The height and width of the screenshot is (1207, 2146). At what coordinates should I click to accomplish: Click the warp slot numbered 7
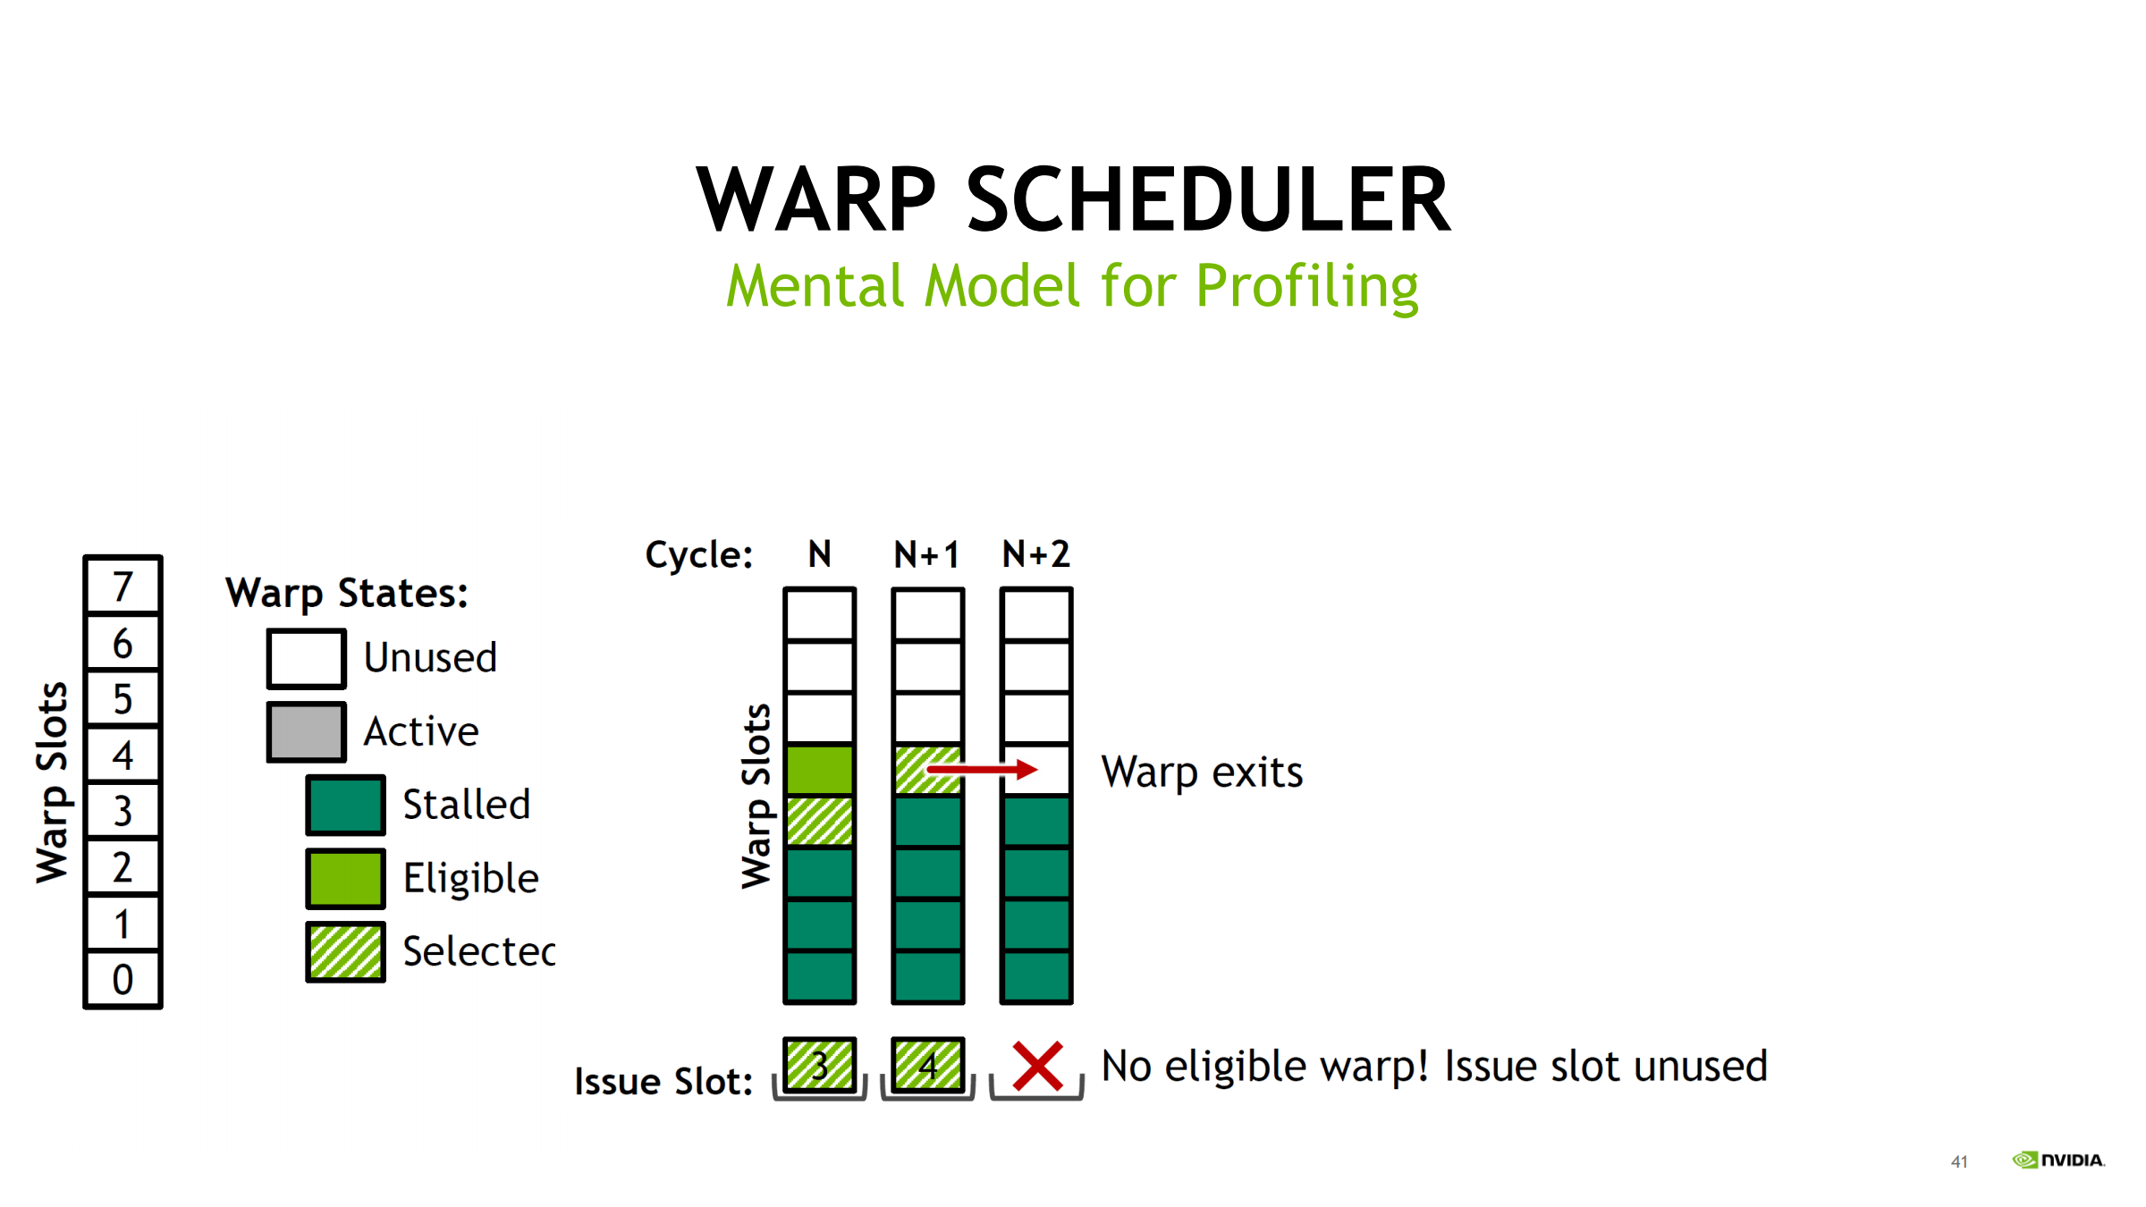tap(123, 586)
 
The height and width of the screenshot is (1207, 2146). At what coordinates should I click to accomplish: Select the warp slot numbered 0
tap(123, 979)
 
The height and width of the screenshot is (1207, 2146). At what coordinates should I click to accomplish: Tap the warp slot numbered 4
tap(123, 755)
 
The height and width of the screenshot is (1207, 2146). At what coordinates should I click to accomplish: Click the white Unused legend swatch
tap(306, 659)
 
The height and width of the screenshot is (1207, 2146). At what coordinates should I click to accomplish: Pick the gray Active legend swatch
tap(306, 732)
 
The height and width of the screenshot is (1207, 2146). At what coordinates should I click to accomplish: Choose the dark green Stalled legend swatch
tap(345, 806)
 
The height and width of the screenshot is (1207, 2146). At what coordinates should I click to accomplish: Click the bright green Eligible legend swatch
tap(345, 879)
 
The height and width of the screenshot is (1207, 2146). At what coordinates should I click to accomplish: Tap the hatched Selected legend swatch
tap(345, 952)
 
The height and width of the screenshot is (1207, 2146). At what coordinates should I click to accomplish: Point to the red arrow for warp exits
tap(982, 769)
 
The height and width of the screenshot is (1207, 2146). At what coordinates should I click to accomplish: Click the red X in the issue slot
tap(1037, 1066)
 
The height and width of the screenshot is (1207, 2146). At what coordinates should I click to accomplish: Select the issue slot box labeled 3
tap(820, 1065)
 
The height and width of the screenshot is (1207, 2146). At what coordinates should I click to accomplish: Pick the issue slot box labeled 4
tap(928, 1065)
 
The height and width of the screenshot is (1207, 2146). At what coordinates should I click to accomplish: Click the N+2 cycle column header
tap(1035, 554)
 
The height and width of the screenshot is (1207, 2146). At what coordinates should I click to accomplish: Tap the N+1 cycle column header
tap(927, 554)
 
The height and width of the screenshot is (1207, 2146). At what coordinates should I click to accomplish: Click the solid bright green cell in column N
tap(820, 770)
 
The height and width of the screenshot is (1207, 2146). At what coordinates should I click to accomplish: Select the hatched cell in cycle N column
tap(820, 821)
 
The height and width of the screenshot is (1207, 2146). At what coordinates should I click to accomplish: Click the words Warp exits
tap(1202, 772)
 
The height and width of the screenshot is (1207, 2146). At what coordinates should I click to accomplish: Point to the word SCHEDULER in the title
tap(1209, 199)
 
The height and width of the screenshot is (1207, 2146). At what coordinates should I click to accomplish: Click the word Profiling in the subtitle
tap(1307, 287)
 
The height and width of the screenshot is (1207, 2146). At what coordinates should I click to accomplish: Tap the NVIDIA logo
tap(2058, 1160)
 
